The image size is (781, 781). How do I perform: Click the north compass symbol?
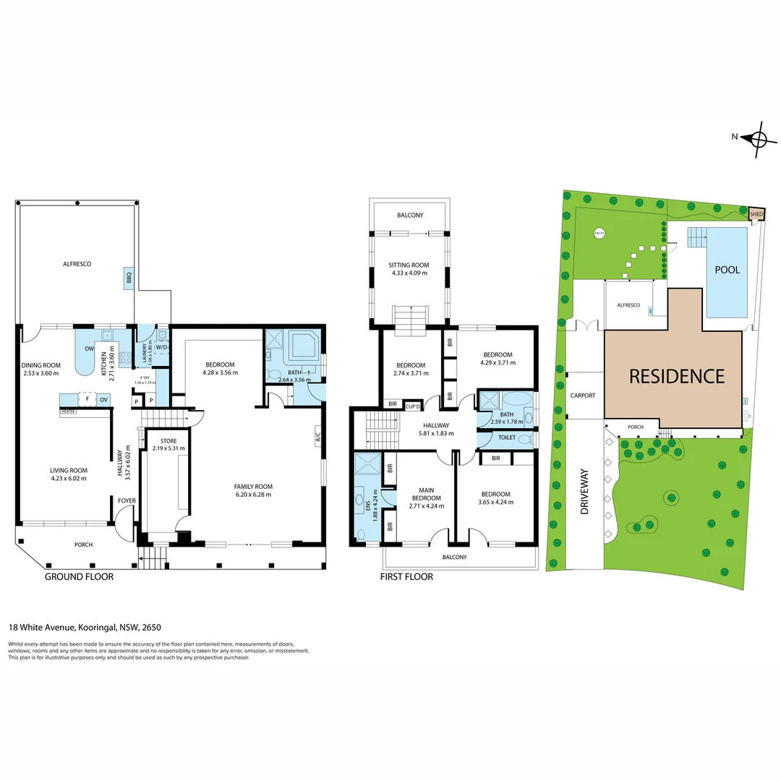tap(759, 138)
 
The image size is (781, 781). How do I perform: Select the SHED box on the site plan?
tap(756, 214)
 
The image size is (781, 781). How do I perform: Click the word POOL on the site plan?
tap(727, 270)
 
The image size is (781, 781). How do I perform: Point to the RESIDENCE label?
tap(676, 376)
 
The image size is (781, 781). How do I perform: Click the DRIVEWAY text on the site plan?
tap(585, 492)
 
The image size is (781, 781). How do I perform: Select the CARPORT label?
tap(582, 396)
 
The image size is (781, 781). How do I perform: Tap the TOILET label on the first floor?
tap(505, 438)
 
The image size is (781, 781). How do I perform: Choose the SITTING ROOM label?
tap(409, 265)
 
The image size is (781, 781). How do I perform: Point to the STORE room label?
tap(168, 440)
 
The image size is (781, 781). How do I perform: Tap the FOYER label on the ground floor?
tap(127, 500)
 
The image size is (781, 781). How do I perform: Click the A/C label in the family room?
tap(317, 437)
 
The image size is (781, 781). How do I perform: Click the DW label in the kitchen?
tap(89, 349)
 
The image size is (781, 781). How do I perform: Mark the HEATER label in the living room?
tap(69, 410)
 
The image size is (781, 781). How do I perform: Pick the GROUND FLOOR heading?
tap(79, 577)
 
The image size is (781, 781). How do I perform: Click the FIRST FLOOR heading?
tap(406, 577)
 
